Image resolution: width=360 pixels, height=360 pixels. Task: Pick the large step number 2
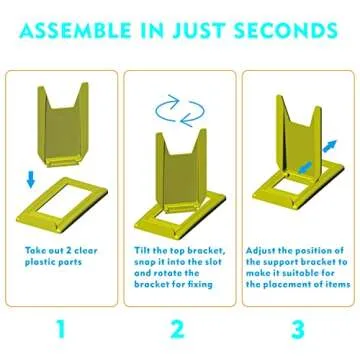click(x=179, y=329)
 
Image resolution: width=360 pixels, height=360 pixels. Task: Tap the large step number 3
click(x=299, y=329)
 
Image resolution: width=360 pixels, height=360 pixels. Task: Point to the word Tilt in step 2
click(x=143, y=250)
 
